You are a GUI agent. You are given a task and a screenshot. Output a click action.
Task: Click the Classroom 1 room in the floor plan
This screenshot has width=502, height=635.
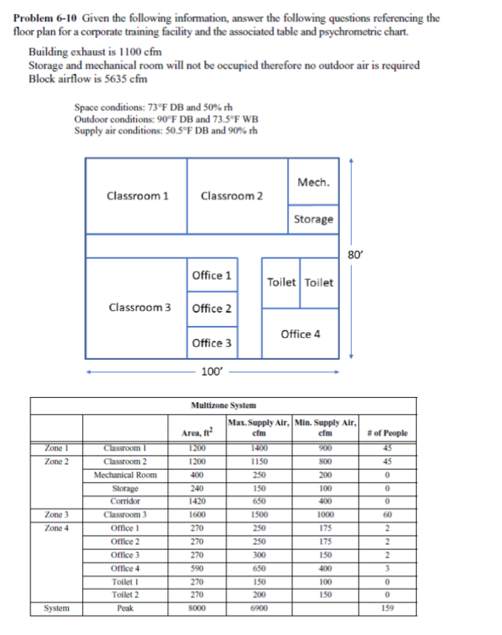(138, 196)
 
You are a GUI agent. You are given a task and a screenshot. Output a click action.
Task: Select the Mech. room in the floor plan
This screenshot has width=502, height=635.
(313, 182)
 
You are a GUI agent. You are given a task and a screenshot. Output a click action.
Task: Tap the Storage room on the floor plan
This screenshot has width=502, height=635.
(313, 219)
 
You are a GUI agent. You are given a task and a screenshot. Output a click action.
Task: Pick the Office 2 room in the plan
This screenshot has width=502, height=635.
(211, 308)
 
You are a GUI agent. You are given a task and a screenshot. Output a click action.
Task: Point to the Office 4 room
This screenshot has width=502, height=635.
(301, 333)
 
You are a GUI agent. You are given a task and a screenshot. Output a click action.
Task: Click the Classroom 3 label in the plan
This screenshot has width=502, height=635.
(140, 307)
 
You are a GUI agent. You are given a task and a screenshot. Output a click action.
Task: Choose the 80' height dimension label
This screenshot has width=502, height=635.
(355, 256)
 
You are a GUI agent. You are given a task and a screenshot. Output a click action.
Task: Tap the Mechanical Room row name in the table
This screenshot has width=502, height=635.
(125, 474)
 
